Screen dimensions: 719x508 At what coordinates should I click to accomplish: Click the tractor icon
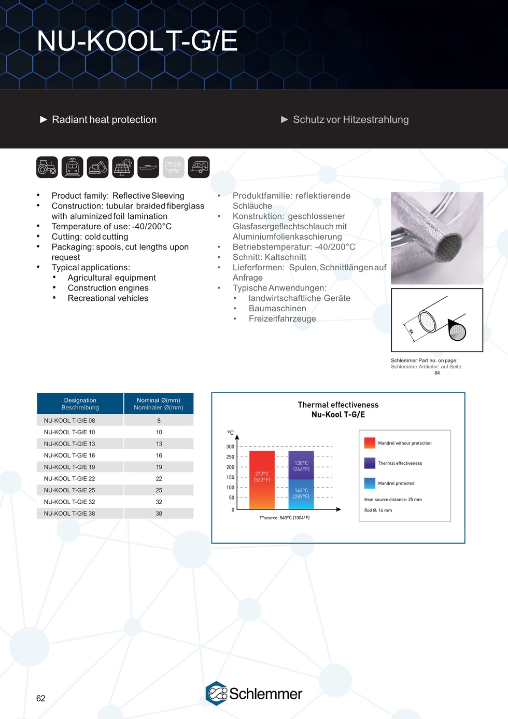pos(47,167)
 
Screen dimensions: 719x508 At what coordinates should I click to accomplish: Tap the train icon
pos(73,167)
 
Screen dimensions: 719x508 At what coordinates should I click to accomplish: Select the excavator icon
pos(97,167)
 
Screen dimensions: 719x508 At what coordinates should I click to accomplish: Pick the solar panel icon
pos(123,167)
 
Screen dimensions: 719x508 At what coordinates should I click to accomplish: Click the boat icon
pos(148,167)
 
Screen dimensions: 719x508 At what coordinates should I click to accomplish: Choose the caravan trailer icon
pos(199,167)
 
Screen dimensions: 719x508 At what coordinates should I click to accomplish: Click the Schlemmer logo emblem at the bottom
pos(217,694)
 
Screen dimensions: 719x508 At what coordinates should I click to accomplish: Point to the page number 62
pos(41,698)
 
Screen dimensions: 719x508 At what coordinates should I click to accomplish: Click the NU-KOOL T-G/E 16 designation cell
pos(69,455)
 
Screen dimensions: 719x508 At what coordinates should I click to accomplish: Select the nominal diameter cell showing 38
pos(159,514)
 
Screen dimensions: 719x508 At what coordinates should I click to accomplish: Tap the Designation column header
pos(80,404)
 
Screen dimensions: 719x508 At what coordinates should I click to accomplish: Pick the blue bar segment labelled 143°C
pos(301,493)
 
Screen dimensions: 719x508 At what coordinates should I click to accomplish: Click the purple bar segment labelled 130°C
pos(301,465)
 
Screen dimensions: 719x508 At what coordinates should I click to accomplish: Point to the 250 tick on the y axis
pos(230,457)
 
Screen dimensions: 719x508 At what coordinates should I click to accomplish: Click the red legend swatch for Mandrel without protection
pos(370,443)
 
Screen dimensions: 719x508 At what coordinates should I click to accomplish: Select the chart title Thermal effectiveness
pos(338,405)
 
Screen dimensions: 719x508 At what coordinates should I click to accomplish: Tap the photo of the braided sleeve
pos(437,238)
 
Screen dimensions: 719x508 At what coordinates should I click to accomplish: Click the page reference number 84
pos(437,373)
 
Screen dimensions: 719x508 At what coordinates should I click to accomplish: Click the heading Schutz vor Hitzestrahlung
pos(350,120)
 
